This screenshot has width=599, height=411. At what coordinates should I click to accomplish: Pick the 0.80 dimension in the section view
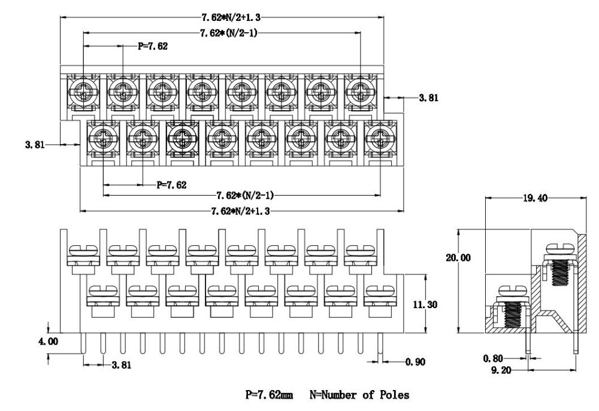coord(492,358)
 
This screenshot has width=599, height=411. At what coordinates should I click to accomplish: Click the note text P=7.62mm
coord(270,395)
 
